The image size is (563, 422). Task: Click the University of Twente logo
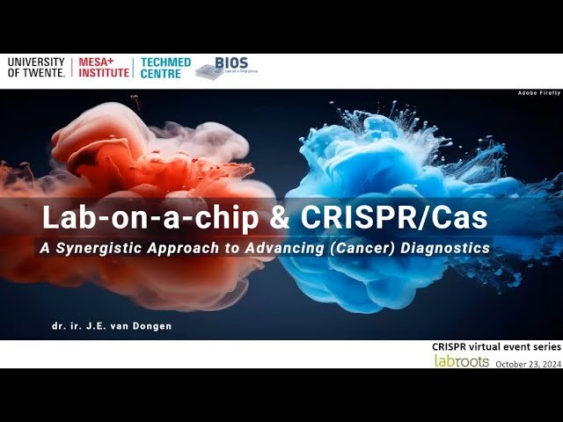pyautogui.click(x=36, y=68)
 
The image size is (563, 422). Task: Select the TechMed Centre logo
pyautogui.click(x=161, y=68)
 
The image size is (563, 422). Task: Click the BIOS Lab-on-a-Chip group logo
pyautogui.click(x=221, y=69)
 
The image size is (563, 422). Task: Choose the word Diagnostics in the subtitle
pyautogui.click(x=445, y=248)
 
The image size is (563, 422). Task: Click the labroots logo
pyautogui.click(x=461, y=361)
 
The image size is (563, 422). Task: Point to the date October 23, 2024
pyautogui.click(x=528, y=363)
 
